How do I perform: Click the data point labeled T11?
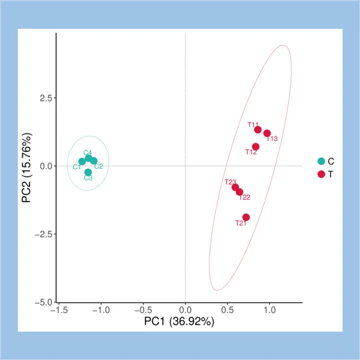[x=258, y=130]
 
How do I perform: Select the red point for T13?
[x=267, y=133]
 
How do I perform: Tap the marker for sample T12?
[x=256, y=147]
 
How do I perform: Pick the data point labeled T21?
[x=246, y=217]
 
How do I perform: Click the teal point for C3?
[x=88, y=172]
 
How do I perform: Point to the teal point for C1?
[x=82, y=162]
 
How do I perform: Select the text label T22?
[x=245, y=197]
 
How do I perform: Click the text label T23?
[x=230, y=182]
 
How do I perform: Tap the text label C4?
[x=88, y=153]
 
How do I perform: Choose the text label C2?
[x=99, y=166]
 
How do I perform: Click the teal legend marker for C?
[x=321, y=161]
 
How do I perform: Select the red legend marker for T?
[x=321, y=174]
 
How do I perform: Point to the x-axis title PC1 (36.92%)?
[x=179, y=322]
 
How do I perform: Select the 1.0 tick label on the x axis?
[x=269, y=310]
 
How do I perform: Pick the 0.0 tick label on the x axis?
[x=185, y=310]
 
